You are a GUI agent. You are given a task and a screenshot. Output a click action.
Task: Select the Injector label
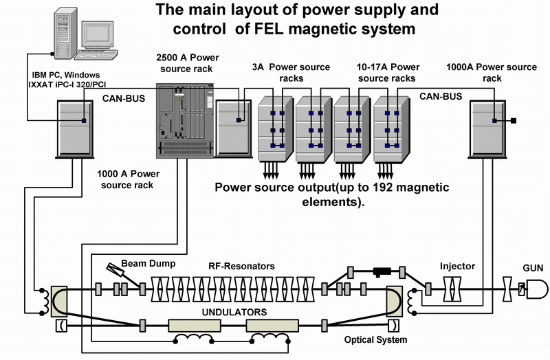[x=458, y=266]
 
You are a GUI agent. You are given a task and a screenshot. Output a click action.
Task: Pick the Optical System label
[x=375, y=339]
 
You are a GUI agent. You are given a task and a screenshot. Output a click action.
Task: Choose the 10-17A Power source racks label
[x=388, y=73]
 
